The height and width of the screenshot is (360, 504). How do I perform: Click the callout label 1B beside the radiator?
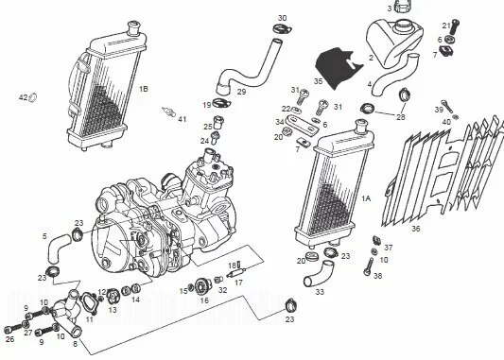(144, 89)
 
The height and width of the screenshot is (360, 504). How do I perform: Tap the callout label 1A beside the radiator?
(366, 198)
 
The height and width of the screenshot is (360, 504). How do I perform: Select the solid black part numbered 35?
(338, 68)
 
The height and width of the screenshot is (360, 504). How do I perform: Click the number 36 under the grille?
(416, 229)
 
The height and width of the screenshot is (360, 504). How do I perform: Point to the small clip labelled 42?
(33, 96)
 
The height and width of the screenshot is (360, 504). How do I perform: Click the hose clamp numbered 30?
(282, 29)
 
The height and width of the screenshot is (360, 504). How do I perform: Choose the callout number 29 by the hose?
(241, 92)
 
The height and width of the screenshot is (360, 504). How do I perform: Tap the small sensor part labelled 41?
(168, 111)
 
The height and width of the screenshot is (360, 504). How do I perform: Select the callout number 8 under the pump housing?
(76, 344)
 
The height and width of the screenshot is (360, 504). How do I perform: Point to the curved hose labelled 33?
(319, 273)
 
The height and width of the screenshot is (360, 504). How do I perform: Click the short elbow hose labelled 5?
(58, 248)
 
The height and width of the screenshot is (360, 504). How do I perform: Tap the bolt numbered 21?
(454, 27)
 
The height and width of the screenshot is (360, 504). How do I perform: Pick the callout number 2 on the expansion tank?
(372, 58)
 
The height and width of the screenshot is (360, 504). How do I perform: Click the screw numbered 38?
(368, 266)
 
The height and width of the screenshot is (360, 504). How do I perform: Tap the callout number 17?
(238, 283)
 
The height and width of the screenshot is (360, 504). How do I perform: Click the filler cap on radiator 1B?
(134, 27)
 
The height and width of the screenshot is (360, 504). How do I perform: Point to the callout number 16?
(204, 300)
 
